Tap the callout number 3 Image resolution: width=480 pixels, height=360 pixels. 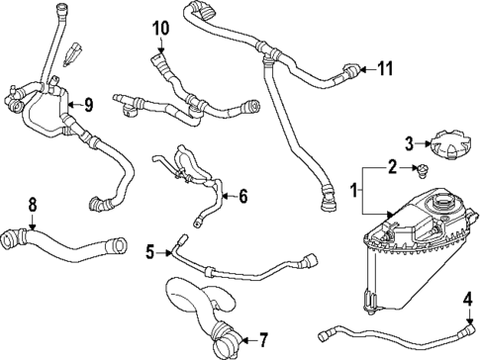coord(409,145)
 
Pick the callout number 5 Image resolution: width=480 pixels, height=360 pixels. coord(150,252)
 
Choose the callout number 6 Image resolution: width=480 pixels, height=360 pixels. coord(243,196)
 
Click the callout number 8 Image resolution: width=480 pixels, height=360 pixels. coord(33,205)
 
